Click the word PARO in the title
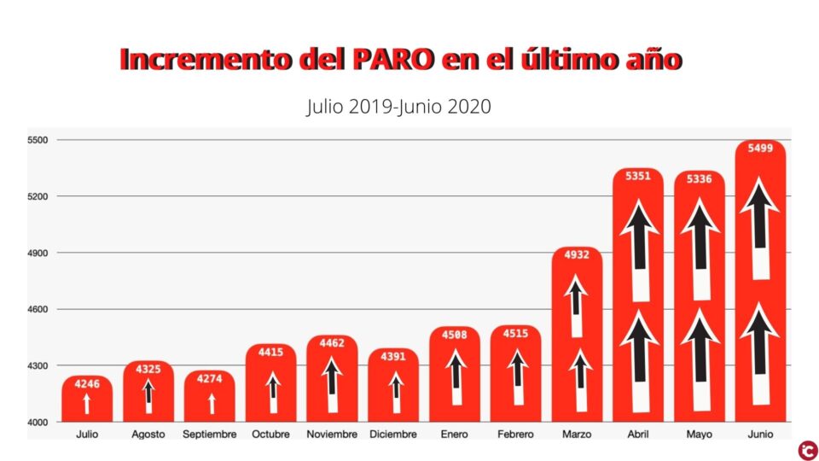tap(392, 60)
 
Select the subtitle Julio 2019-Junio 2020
tap(398, 107)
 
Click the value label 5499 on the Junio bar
tap(760, 149)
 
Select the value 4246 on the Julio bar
tap(87, 384)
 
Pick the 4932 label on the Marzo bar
tap(578, 255)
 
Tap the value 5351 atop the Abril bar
tap(638, 177)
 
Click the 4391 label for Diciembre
tap(393, 357)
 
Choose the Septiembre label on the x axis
tap(209, 435)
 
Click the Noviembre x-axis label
tap(332, 435)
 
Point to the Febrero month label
tap(515, 435)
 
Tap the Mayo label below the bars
tap(700, 435)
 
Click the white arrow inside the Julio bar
tap(87, 404)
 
